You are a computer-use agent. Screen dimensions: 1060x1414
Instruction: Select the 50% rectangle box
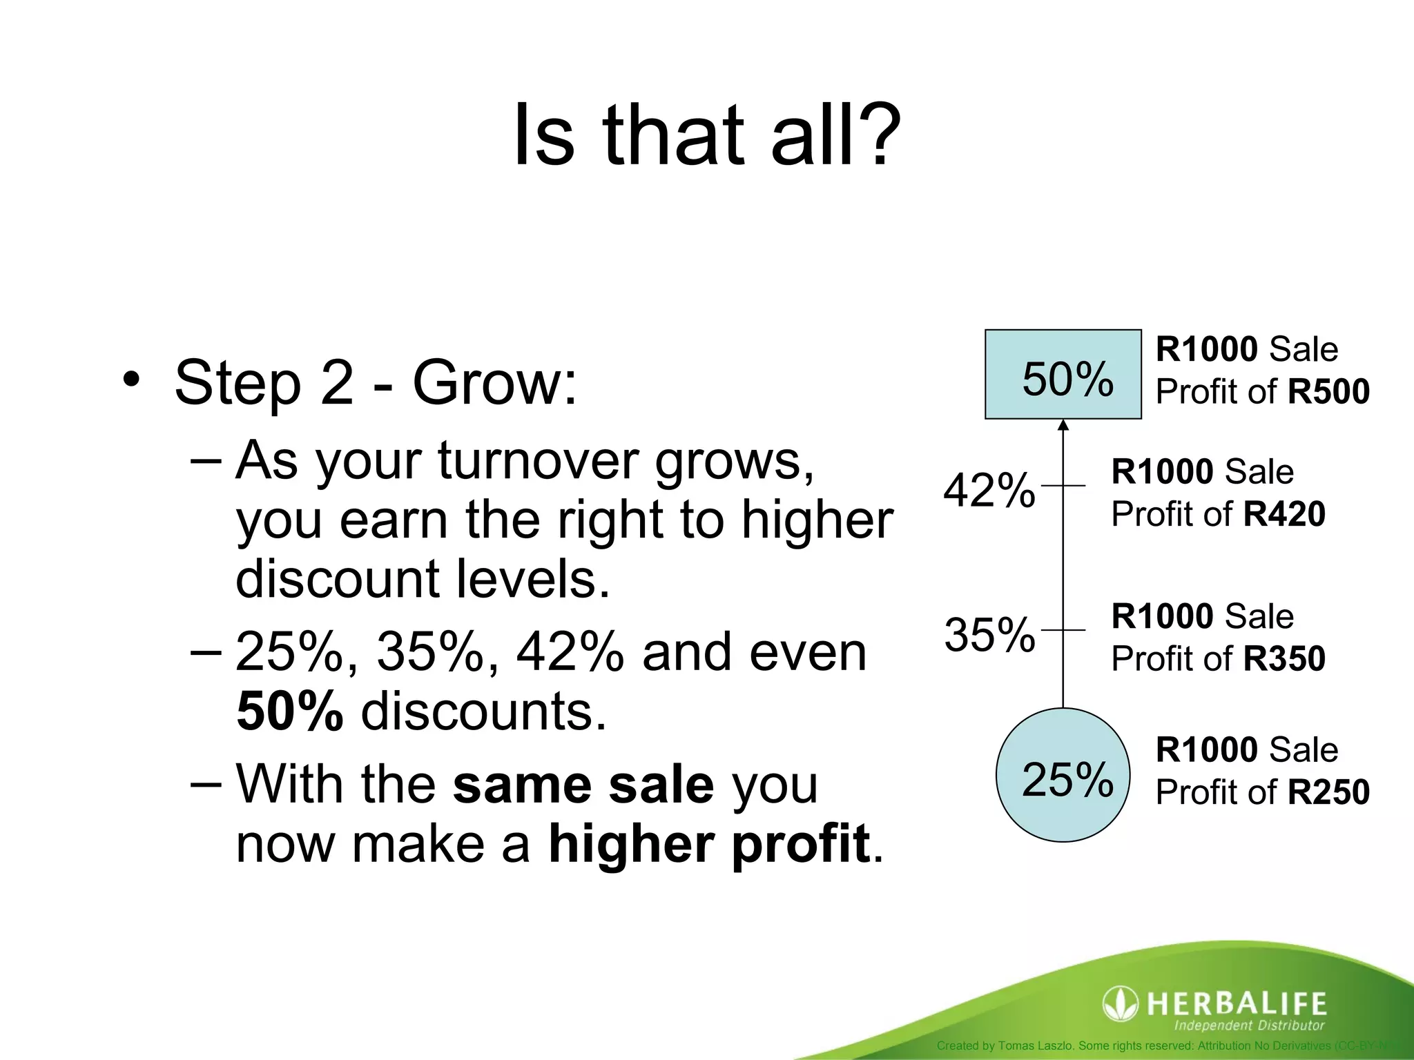tap(1063, 374)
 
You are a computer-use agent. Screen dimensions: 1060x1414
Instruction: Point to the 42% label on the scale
tap(989, 491)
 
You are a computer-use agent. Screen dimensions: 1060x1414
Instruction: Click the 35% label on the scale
tap(989, 635)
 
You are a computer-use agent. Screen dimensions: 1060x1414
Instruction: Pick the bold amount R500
tap(1328, 392)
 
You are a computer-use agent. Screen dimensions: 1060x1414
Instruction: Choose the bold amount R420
tap(1284, 514)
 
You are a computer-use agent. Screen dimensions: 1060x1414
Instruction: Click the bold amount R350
tap(1284, 658)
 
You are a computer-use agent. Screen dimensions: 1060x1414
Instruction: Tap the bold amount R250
tap(1328, 792)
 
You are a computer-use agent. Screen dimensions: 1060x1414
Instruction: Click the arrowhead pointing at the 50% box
tap(1063, 425)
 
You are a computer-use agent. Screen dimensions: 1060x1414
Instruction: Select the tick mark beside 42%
tap(1063, 486)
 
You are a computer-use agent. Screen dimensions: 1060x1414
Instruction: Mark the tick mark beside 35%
tap(1063, 630)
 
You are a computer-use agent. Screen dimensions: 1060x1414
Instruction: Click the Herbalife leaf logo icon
tap(1120, 1003)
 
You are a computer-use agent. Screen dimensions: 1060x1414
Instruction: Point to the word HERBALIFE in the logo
tap(1236, 1003)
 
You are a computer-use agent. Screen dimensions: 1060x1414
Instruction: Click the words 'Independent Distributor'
tap(1249, 1025)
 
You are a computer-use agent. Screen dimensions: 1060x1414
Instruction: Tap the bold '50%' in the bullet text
tap(289, 711)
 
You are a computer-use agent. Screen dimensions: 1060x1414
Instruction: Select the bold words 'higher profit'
tap(708, 844)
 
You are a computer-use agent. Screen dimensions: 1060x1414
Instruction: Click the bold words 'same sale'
tap(583, 785)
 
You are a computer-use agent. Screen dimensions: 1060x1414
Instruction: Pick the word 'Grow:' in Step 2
tap(494, 383)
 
